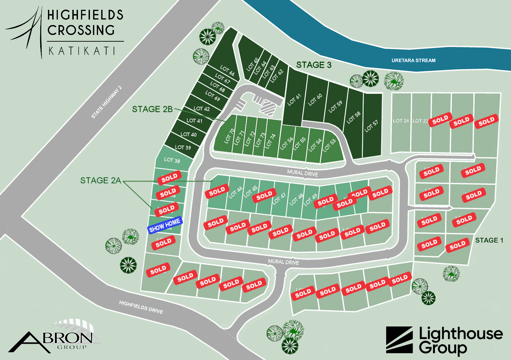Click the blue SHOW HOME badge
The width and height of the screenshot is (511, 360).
[x=165, y=225]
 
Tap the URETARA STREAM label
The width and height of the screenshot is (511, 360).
[x=413, y=60]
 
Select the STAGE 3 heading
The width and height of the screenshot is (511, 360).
[x=314, y=65]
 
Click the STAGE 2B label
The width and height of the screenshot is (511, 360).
[x=152, y=109]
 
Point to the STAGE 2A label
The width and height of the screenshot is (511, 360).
[x=101, y=181]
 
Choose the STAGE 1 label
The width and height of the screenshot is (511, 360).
[x=489, y=240]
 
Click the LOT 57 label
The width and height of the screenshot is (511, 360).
[x=371, y=126]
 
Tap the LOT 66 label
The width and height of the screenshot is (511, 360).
[x=227, y=71]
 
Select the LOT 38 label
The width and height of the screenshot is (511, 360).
[x=172, y=160]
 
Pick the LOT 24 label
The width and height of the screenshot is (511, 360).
[x=401, y=121]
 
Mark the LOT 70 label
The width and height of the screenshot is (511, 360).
[x=229, y=136]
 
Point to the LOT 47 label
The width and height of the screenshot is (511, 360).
[x=279, y=199]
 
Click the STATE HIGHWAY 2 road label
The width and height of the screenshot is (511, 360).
[x=107, y=102]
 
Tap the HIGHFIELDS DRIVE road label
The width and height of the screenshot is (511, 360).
[x=141, y=307]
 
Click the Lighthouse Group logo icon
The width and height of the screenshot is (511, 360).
[x=399, y=340]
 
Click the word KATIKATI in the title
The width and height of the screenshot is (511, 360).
[x=82, y=51]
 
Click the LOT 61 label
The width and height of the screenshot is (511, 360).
[x=294, y=100]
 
